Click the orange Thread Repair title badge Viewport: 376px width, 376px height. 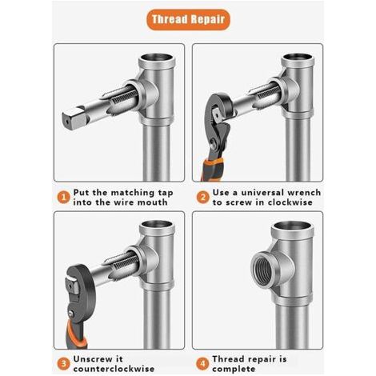188,19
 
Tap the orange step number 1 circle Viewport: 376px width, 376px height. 63,198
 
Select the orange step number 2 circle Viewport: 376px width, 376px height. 203,198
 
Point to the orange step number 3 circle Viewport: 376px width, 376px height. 63,364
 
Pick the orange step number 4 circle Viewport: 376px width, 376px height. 203,364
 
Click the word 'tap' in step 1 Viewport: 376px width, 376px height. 166,193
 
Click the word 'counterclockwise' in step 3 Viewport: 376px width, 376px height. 114,369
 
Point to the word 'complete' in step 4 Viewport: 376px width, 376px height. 234,370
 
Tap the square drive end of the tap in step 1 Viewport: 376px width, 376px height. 73,118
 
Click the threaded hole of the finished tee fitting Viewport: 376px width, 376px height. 264,269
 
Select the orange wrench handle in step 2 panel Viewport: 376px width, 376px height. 212,170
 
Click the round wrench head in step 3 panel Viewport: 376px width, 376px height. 80,286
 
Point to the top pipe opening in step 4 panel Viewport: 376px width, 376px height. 291,226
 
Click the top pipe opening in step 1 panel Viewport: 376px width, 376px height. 157,58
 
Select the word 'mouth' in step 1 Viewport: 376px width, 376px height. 152,202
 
